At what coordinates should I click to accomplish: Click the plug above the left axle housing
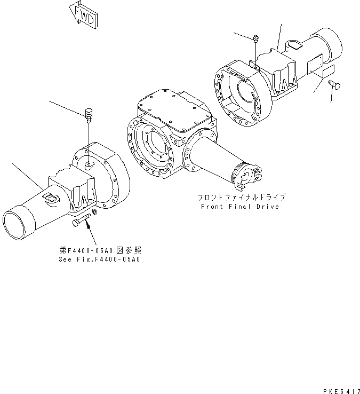click(x=89, y=114)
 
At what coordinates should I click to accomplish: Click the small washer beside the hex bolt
click(x=95, y=214)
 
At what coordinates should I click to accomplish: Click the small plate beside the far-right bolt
click(x=324, y=69)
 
